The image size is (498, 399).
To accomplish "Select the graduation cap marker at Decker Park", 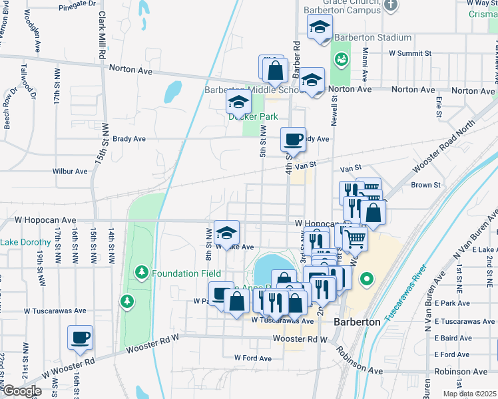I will click(238, 103).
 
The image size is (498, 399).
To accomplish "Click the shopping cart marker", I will click(356, 238).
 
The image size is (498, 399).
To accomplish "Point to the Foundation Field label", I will click(186, 273).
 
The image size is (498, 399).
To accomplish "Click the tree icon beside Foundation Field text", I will click(141, 273).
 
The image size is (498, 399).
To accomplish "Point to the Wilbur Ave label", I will click(70, 171).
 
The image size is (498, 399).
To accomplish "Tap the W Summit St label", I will click(410, 53).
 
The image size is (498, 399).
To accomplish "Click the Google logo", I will click(23, 390).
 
